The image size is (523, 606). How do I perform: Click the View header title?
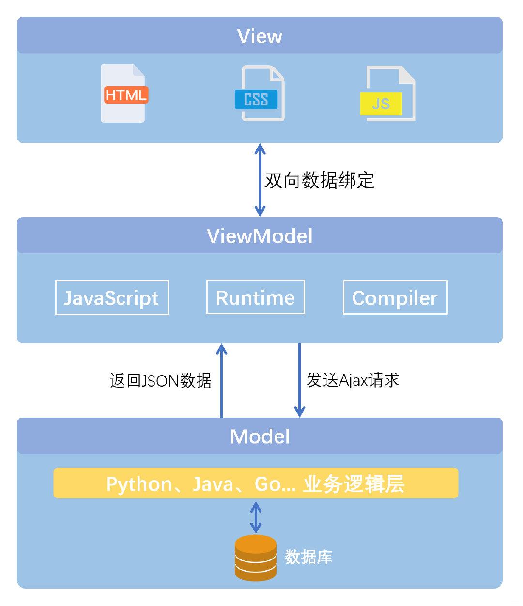260,36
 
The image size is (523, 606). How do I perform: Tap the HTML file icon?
124,93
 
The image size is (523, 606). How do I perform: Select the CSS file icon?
261,94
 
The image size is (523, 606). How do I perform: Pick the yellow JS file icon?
387,94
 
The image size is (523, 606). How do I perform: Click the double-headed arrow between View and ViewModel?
260,179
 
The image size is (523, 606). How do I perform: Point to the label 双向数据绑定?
320,180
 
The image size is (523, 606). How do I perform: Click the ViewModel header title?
260,236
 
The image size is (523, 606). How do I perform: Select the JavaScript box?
112,298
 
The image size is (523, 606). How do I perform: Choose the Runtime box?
255,297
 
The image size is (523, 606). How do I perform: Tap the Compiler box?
395,298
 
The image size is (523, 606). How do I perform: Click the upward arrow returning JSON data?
222,380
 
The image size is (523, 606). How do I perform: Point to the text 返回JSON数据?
161,381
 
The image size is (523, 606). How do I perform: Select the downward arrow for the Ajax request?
299,380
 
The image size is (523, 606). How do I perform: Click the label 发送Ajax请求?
353,380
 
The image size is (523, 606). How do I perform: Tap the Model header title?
260,437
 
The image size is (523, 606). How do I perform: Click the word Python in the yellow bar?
139,484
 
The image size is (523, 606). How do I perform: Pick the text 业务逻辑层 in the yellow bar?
354,484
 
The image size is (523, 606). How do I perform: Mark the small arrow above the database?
256,517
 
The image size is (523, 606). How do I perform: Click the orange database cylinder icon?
256,558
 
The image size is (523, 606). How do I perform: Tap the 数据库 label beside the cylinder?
308,557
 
